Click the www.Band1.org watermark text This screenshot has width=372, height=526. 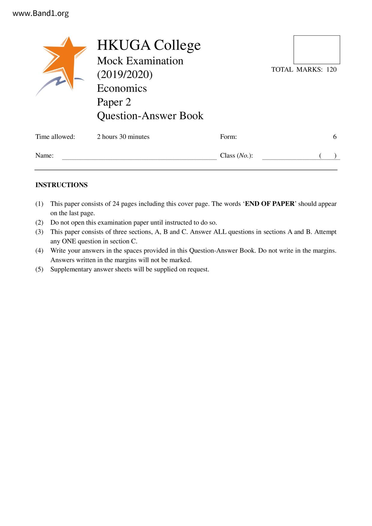[41, 13]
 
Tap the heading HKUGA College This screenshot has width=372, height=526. [149, 45]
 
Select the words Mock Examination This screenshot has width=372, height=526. [140, 61]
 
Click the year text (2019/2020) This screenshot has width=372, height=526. [125, 74]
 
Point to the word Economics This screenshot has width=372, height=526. [122, 88]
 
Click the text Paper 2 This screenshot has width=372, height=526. [114, 102]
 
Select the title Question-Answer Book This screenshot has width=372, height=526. [150, 116]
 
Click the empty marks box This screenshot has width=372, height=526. [316, 50]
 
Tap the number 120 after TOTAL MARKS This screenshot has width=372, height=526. [331, 70]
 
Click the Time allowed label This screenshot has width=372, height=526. [55, 137]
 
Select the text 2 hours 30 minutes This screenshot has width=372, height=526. [123, 137]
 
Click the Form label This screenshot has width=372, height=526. [228, 137]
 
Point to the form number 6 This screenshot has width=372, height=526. [335, 137]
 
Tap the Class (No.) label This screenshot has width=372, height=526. [236, 156]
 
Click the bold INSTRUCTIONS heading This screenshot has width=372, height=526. [61, 185]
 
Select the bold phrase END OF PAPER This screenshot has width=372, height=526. [270, 204]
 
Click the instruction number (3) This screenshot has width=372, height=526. [39, 232]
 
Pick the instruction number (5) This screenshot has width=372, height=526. [39, 269]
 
